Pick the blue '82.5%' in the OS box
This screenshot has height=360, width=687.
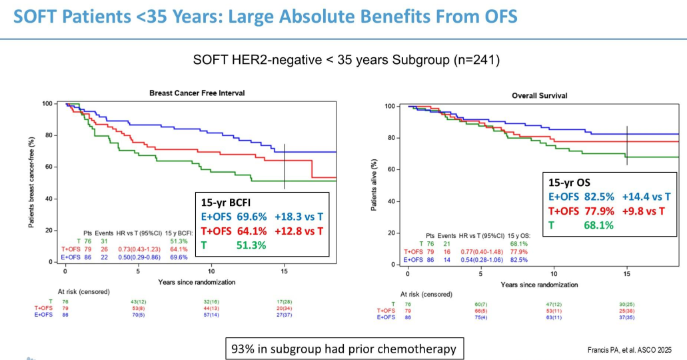[596, 197]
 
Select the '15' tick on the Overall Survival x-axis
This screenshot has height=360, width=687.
[627, 275]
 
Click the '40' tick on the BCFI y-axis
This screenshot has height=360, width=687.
[47, 199]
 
